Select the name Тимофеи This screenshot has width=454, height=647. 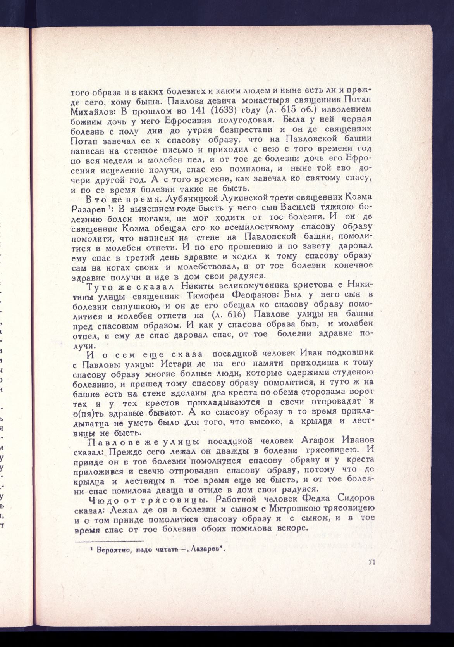tap(205, 297)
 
